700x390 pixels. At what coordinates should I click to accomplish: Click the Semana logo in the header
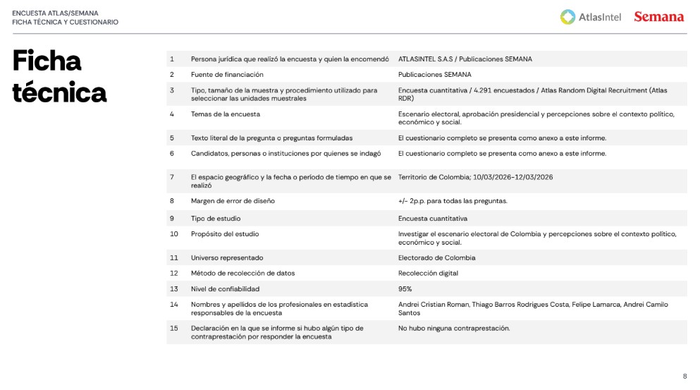(658, 16)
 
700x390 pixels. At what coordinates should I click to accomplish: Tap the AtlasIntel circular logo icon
(567, 16)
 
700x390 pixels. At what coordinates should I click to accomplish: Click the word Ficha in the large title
(47, 61)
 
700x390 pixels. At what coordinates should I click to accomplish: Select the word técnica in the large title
(59, 92)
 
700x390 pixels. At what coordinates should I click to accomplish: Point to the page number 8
(684, 376)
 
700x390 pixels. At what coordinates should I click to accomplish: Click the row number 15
(173, 328)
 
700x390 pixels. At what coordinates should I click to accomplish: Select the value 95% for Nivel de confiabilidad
(405, 289)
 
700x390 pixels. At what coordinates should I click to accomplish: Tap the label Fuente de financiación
(227, 74)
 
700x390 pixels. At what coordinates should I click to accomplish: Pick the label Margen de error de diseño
(233, 201)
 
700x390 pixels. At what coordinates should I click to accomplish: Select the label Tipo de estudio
(216, 219)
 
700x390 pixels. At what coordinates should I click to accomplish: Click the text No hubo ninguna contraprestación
(453, 328)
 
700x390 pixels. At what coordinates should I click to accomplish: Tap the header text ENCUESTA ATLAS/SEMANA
(56, 13)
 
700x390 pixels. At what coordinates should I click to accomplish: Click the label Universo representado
(227, 257)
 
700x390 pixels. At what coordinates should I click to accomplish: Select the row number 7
(171, 177)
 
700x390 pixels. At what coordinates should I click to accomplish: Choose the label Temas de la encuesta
(225, 114)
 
